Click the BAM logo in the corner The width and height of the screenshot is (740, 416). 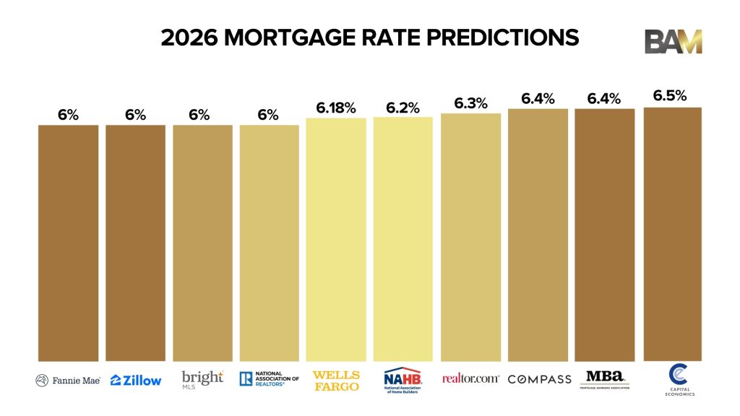[x=673, y=41]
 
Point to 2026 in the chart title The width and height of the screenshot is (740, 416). [x=189, y=38]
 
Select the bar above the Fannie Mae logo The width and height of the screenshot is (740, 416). [x=68, y=243]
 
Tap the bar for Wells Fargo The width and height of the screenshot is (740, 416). [x=336, y=239]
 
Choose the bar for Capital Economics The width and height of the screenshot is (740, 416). [x=672, y=234]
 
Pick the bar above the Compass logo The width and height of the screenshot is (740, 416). [x=538, y=235]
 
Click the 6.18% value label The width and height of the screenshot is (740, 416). [x=336, y=108]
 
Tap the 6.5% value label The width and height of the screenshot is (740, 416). [x=670, y=96]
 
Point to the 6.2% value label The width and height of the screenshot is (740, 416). [x=403, y=108]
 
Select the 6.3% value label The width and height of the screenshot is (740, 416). [x=470, y=103]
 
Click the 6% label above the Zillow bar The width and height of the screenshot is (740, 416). [x=135, y=115]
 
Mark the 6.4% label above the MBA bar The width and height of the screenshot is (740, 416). [x=604, y=99]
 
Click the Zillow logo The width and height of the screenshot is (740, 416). [x=136, y=380]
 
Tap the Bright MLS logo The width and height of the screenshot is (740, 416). [x=202, y=379]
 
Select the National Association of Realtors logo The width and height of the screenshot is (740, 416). [x=269, y=378]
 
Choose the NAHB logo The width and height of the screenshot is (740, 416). [x=403, y=380]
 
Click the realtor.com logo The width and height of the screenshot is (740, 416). [x=470, y=378]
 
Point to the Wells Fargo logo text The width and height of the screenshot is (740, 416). [x=336, y=379]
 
